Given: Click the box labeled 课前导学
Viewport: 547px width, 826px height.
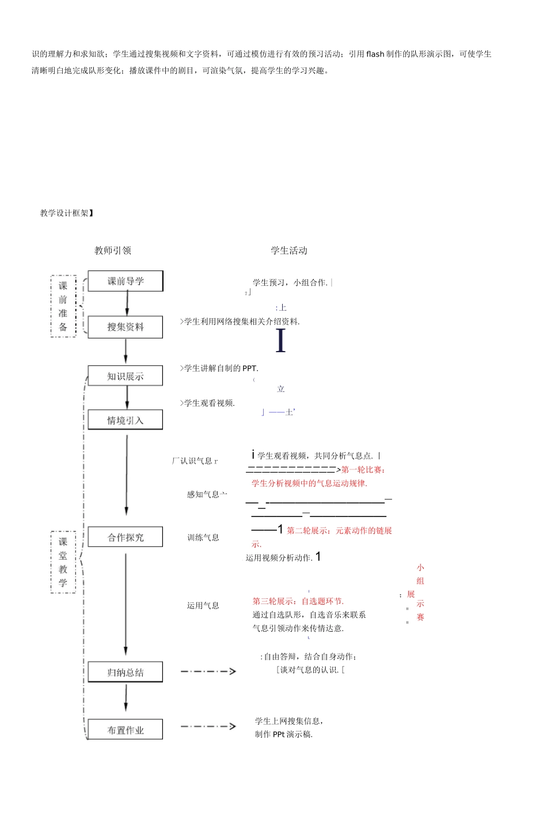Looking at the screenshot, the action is (x=126, y=281).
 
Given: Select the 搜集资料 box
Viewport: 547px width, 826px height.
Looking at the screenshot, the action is (x=126, y=327).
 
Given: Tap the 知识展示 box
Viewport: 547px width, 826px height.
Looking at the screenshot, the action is (x=126, y=376).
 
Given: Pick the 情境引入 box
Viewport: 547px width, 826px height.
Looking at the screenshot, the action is (x=126, y=420).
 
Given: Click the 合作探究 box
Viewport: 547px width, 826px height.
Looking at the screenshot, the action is (x=126, y=537).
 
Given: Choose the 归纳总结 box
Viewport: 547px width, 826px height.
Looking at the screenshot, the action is (x=126, y=672).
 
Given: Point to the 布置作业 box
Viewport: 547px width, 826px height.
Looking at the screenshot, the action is (x=126, y=730).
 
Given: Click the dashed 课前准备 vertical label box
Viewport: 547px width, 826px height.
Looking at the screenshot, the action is (x=63, y=306).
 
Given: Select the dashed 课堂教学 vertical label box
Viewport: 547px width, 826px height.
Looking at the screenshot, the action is (x=63, y=562).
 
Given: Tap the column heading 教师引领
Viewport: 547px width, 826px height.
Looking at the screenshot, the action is (x=113, y=250).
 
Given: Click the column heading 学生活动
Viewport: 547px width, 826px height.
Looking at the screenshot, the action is (x=289, y=250).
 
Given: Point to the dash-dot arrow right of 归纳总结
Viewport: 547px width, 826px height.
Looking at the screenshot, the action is (x=208, y=671).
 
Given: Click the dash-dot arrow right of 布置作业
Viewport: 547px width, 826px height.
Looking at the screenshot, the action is (x=208, y=726).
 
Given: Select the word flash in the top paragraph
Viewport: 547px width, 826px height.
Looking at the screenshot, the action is (x=375, y=54).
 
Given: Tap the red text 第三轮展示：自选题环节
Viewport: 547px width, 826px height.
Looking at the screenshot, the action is (x=298, y=601).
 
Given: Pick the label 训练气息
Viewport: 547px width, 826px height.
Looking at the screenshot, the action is (x=203, y=537).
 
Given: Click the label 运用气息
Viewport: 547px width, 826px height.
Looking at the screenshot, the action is (x=203, y=605).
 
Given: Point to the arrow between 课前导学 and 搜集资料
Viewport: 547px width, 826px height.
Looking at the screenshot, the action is (x=127, y=303).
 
